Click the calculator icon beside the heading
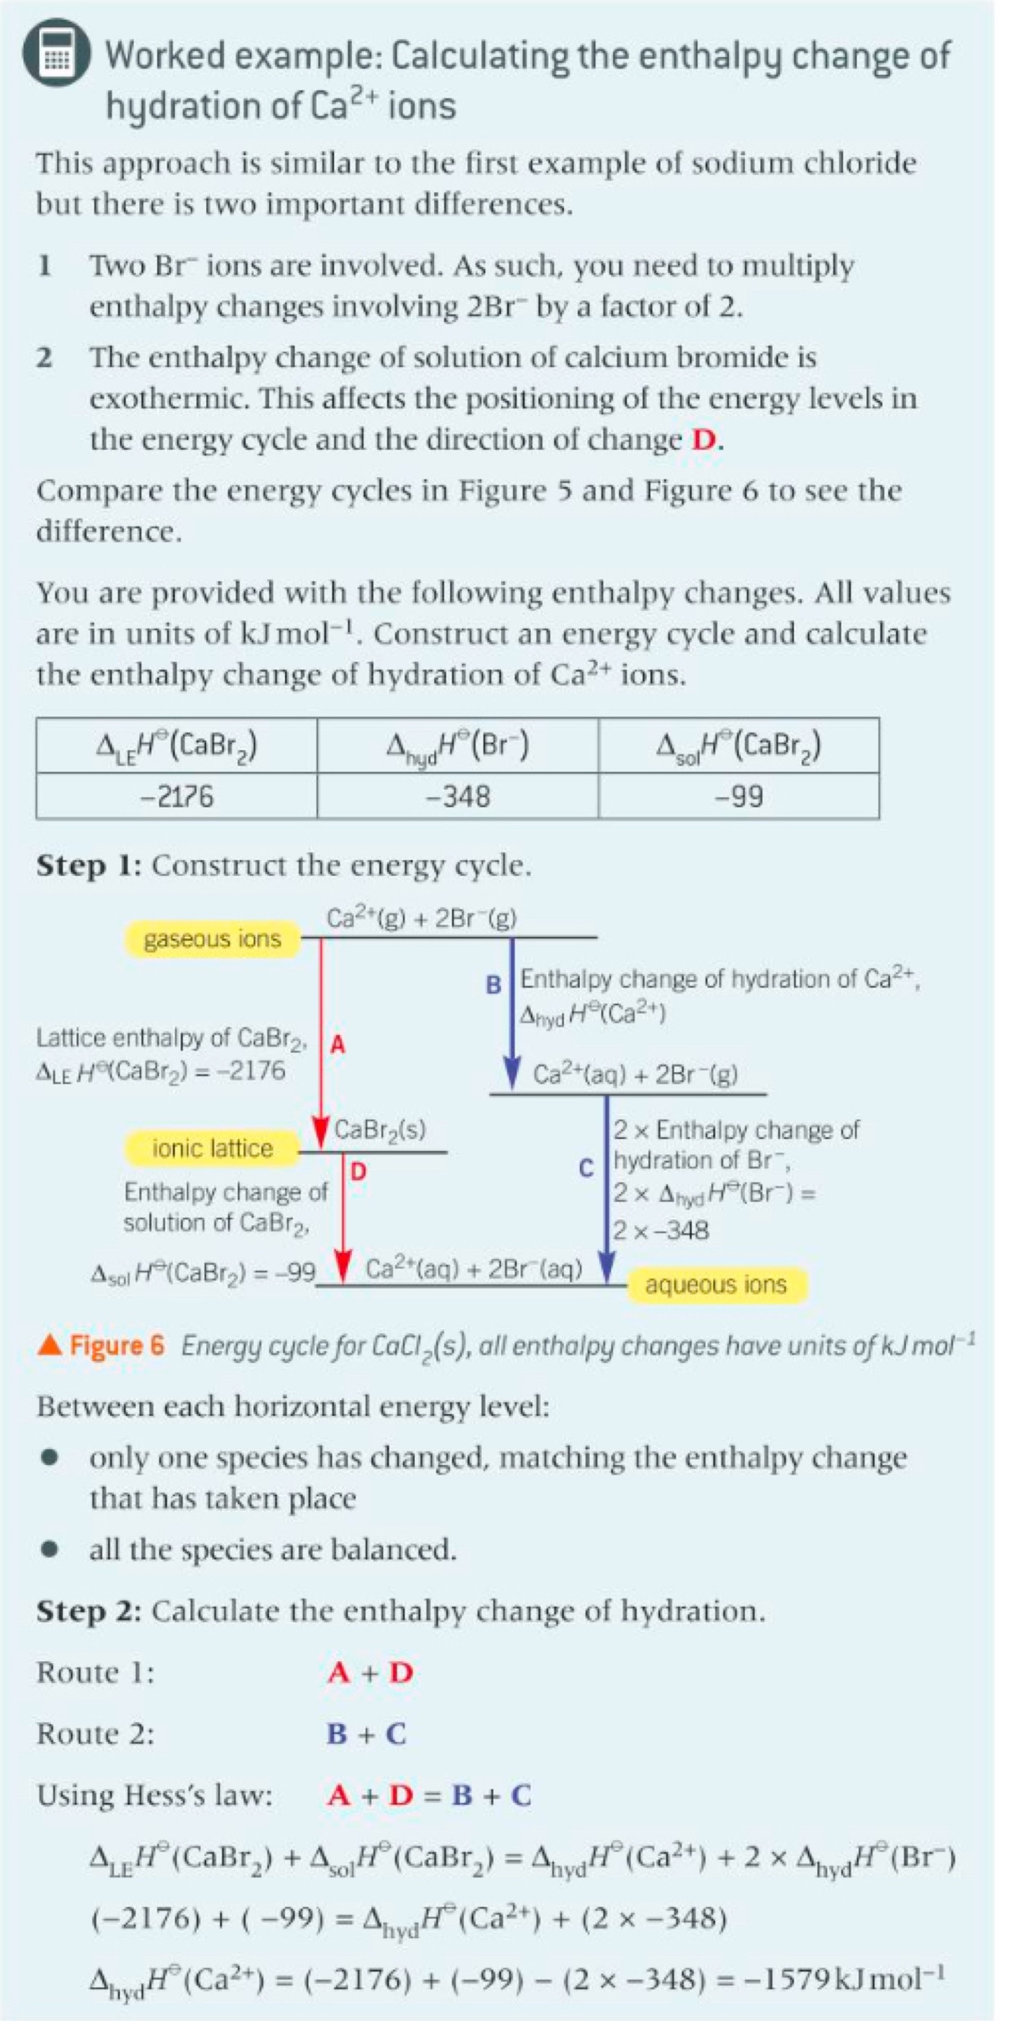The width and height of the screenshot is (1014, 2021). tap(55, 53)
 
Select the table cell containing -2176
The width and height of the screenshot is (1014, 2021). tap(176, 796)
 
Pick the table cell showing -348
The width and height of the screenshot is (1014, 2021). tap(457, 796)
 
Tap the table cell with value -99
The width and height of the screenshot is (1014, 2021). tap(738, 796)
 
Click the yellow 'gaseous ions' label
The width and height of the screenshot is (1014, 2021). tap(212, 939)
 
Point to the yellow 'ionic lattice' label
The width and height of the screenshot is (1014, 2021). tap(212, 1149)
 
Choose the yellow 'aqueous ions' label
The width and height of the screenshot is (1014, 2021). tap(715, 1284)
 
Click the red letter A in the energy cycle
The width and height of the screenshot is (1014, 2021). tap(338, 1044)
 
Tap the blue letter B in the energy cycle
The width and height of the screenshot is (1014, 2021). tap(493, 985)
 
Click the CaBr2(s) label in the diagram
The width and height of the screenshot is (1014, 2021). tap(381, 1130)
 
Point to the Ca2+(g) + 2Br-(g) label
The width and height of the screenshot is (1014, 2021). tap(421, 918)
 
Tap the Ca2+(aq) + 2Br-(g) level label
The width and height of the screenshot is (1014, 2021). tap(635, 1074)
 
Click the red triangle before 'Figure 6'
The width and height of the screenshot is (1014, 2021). tap(49, 1346)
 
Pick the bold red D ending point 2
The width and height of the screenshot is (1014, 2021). tap(704, 439)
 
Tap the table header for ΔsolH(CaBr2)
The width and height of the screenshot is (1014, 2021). tap(738, 745)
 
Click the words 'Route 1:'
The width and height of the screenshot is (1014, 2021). tap(95, 1673)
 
